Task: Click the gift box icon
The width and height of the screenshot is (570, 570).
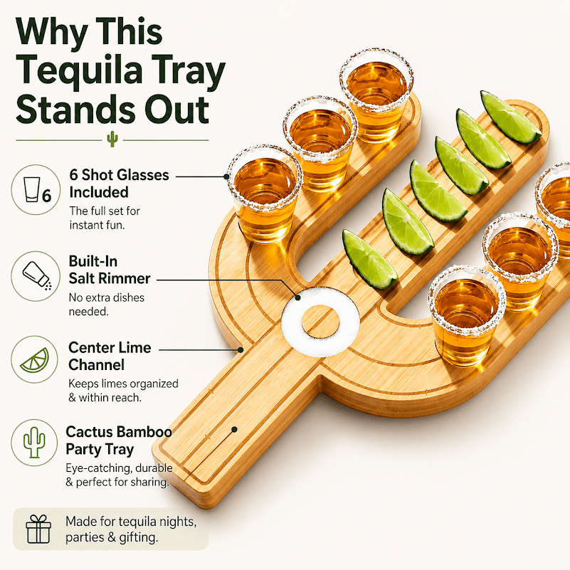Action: [38, 529]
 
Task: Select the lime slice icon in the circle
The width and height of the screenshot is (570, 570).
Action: [35, 360]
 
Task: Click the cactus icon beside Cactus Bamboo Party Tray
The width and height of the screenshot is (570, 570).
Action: [34, 442]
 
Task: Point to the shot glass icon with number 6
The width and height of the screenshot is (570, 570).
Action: [38, 190]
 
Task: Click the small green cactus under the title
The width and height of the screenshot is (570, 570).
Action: [112, 139]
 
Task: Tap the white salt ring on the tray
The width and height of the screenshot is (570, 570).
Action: [320, 321]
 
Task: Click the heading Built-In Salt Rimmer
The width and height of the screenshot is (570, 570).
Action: [110, 270]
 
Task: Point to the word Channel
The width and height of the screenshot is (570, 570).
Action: [96, 364]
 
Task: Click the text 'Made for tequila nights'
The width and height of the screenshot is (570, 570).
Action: [130, 522]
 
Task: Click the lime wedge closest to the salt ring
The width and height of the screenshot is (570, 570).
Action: [370, 258]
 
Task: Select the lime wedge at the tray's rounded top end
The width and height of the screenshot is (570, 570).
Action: [510, 117]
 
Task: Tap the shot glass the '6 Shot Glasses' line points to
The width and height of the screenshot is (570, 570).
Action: [265, 194]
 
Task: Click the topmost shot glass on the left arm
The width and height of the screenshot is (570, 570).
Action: [376, 95]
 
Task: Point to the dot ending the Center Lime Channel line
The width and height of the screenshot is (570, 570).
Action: [241, 350]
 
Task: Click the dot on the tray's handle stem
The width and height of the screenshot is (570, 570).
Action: [234, 429]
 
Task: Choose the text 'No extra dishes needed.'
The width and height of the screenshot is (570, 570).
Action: [107, 305]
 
